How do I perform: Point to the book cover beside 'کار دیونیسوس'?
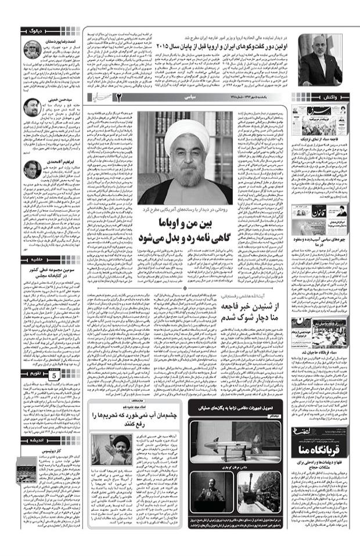pos(27,470)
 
